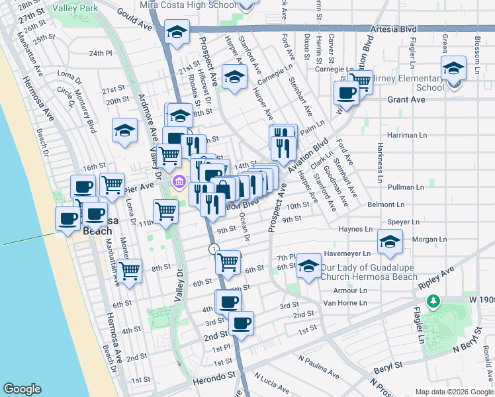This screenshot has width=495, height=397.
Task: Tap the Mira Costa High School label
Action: pos(188,5)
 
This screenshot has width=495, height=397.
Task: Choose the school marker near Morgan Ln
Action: pos(390,242)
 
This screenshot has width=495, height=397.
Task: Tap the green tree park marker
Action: pos(433,302)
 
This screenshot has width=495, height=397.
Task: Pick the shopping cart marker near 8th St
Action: pos(130,269)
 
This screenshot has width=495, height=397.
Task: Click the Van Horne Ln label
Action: pos(344,303)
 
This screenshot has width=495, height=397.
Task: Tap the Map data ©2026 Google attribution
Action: pos(453,392)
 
